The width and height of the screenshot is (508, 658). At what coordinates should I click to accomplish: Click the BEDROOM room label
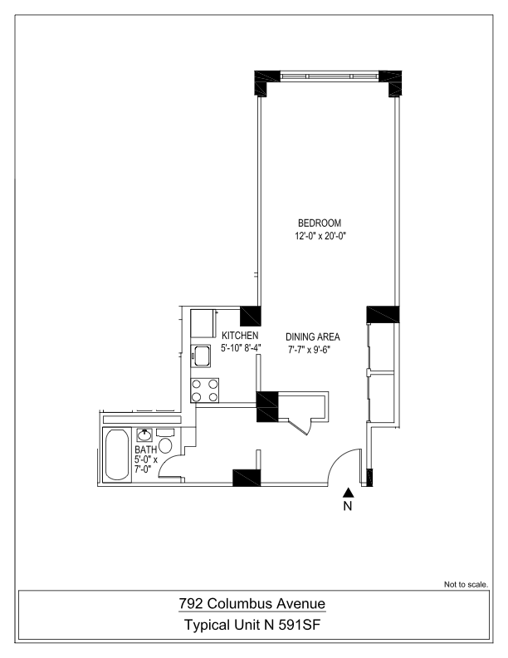point(320,223)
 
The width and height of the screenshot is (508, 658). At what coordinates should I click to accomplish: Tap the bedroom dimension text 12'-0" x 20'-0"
point(320,236)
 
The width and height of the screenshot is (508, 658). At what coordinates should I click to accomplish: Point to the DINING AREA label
point(313,336)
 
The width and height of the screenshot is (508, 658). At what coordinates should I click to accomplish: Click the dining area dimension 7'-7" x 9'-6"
point(313,350)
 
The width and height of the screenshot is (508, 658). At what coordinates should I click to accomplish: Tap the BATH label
point(145,449)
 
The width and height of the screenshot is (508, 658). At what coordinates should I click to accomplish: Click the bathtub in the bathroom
point(117,454)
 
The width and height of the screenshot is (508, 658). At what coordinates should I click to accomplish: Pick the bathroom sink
point(144,435)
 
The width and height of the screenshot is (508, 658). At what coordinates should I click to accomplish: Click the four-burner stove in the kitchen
point(204,390)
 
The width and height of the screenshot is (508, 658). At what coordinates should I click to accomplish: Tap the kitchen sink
point(202,357)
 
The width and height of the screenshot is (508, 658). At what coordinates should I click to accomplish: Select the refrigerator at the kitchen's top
point(203,322)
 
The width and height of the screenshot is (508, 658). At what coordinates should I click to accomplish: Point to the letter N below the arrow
point(349,508)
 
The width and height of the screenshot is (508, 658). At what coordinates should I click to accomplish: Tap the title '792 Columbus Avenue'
point(253,604)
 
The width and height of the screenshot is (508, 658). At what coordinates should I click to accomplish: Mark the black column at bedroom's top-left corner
point(266,82)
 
